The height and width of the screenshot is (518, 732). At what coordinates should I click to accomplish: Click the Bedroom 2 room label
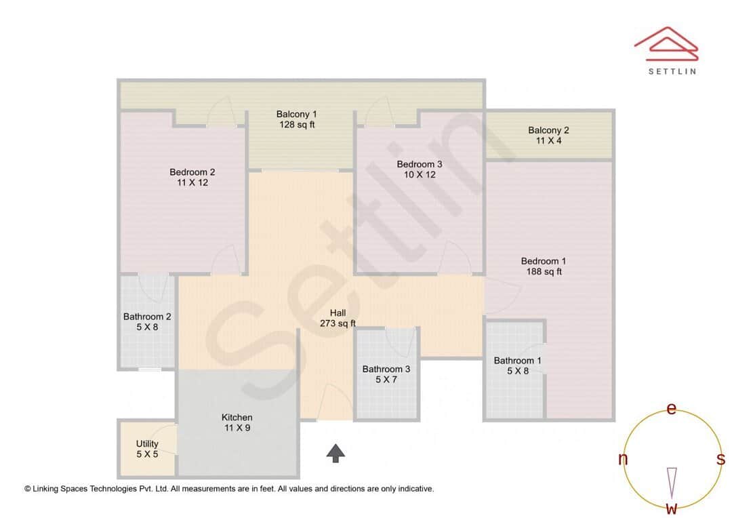[x=192, y=178]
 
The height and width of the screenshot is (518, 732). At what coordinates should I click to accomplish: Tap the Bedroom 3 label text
[x=420, y=170]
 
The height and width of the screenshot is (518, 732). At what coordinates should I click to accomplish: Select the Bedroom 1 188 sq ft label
[x=544, y=266]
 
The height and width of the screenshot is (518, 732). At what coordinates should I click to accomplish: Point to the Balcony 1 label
[x=296, y=119]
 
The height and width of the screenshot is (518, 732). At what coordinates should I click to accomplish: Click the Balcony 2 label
[x=548, y=136]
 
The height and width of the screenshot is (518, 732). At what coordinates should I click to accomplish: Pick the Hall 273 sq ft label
[x=338, y=318]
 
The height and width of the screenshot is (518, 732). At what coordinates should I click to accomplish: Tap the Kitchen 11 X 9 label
[x=237, y=422]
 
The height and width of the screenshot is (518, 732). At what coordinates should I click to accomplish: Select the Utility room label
[x=147, y=449]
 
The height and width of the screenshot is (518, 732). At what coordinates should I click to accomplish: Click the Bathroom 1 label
[x=517, y=365]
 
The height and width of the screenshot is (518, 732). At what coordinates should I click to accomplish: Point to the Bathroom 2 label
[x=147, y=321]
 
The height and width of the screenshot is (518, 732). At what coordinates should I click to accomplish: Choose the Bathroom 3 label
[x=386, y=374]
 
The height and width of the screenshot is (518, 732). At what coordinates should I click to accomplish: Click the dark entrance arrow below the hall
[x=335, y=453]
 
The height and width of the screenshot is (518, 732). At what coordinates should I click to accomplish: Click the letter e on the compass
[x=671, y=408]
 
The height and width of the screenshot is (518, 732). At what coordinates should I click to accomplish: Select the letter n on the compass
[x=623, y=460]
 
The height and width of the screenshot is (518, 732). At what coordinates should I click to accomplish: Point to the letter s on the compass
[x=720, y=460]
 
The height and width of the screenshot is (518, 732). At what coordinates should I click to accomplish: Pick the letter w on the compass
[x=671, y=508]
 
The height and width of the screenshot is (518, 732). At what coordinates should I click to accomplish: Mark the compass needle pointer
[x=672, y=481]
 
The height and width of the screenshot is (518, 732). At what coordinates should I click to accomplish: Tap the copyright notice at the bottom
[x=229, y=488]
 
